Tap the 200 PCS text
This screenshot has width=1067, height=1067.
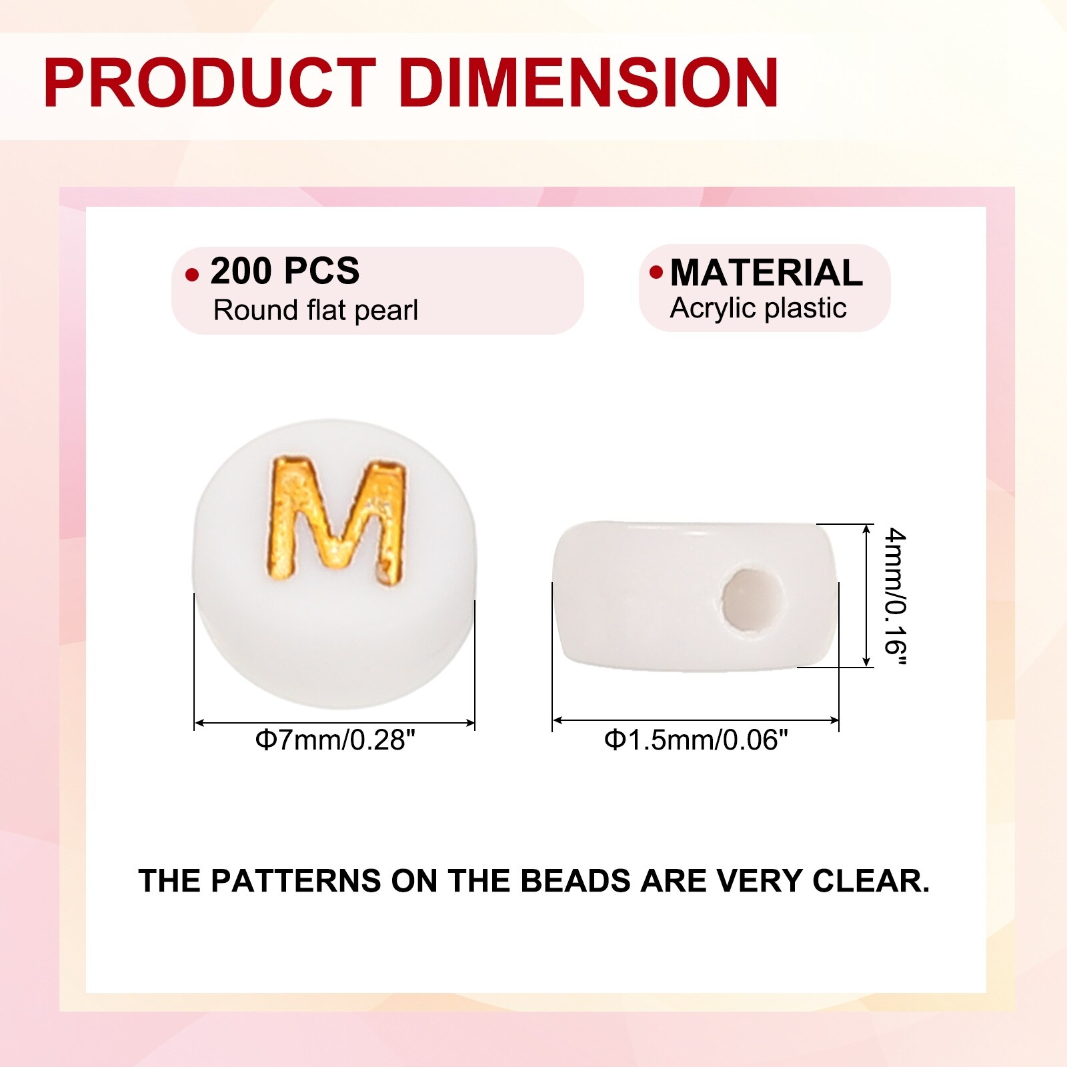point(285,271)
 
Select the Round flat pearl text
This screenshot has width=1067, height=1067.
point(315,310)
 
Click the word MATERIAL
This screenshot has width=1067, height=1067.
point(766,273)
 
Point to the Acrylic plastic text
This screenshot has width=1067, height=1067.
point(758,309)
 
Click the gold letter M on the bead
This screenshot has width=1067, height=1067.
point(336,518)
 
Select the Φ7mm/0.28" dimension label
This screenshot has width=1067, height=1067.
point(335,740)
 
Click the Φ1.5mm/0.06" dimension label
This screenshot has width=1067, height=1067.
point(696,740)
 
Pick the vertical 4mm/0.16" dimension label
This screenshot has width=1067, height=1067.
point(894,596)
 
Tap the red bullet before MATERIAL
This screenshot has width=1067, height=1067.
point(656,272)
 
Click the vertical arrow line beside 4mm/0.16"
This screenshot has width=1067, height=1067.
point(867,595)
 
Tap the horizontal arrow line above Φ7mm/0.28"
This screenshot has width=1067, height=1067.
point(335,723)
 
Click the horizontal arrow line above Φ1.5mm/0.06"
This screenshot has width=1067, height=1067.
point(696,720)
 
